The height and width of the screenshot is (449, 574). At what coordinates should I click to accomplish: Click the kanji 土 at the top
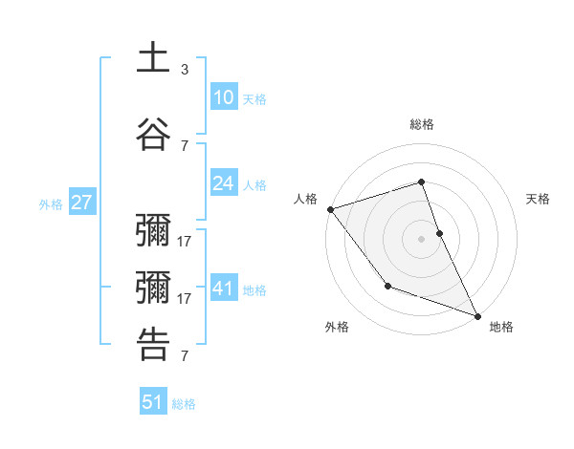click(x=154, y=58)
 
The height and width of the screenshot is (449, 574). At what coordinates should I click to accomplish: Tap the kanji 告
click(x=154, y=345)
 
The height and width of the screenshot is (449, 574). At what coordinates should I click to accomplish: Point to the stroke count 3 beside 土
click(x=185, y=70)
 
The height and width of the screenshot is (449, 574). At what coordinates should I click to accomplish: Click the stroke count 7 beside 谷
click(x=185, y=145)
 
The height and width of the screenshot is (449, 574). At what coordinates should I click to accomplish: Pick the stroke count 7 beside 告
click(x=185, y=356)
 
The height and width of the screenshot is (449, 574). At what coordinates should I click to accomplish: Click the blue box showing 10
click(x=223, y=97)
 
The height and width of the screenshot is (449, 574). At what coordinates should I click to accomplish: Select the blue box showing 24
click(x=223, y=183)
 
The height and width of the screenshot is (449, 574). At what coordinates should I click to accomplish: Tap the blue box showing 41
click(x=223, y=289)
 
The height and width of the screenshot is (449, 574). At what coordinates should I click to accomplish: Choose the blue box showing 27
click(x=81, y=203)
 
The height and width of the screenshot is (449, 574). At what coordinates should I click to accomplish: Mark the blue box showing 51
click(x=153, y=402)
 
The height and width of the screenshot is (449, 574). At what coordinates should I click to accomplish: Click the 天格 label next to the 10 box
click(x=254, y=98)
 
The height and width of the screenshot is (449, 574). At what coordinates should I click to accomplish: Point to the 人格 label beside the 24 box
click(x=254, y=184)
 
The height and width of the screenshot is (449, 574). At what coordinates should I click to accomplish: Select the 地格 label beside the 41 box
click(x=254, y=289)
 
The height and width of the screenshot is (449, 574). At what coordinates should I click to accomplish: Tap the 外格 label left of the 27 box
click(x=51, y=203)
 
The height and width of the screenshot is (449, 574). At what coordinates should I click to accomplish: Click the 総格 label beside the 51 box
click(x=184, y=403)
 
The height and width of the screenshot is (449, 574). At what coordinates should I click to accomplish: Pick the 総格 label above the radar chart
click(x=421, y=124)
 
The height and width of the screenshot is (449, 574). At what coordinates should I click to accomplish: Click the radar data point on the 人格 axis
click(x=330, y=208)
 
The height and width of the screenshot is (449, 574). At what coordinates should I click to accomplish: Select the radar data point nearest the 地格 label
click(x=477, y=315)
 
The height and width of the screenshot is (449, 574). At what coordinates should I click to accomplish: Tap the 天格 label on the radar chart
click(x=538, y=199)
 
